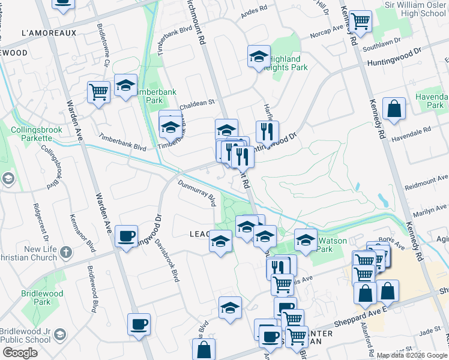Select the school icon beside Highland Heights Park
tap(259, 58)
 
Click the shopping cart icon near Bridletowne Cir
tap(98, 92)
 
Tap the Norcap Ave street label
tap(326, 33)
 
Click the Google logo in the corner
tap(20, 353)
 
